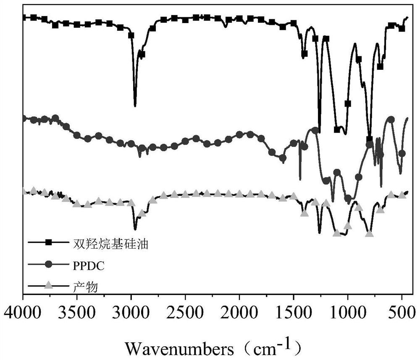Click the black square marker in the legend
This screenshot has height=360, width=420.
49,242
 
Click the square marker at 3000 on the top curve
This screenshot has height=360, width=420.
131,35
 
